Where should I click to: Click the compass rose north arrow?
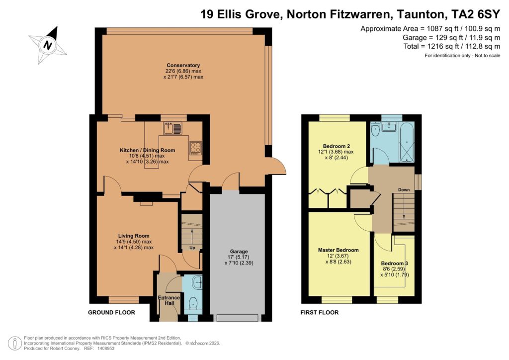[48, 45]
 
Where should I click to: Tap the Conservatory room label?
[183, 66]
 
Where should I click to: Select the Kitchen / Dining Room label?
[147, 150]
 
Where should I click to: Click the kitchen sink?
[174, 128]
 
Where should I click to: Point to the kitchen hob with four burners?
[195, 148]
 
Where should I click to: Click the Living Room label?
[134, 236]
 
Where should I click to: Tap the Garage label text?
[239, 252]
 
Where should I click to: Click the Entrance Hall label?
[169, 301]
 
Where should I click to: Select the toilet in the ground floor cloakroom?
[193, 302]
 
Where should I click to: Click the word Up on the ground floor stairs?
[191, 247]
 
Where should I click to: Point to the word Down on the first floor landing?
[404, 189]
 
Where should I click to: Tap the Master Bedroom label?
[338, 250]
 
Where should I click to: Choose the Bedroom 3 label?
[395, 263]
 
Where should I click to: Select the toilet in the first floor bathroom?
[376, 130]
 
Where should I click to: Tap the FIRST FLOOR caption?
[320, 313]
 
